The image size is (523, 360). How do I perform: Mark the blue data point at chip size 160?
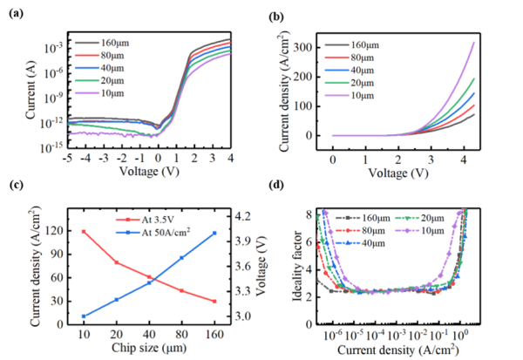click(214, 233)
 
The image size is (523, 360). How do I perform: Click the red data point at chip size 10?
click(84, 232)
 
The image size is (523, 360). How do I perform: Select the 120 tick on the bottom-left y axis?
click(58, 232)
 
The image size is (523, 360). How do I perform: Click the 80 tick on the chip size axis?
click(181, 335)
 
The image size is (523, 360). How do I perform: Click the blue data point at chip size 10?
click(84, 316)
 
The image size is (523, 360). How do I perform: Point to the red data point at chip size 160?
click(214, 302)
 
